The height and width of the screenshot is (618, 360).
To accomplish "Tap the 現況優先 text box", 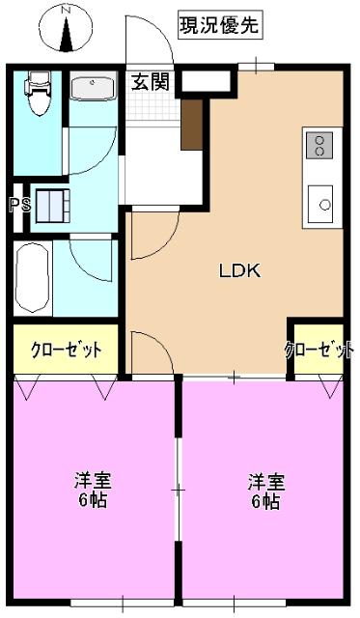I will [x=219, y=26].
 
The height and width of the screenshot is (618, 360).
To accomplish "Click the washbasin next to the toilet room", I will [x=94, y=89].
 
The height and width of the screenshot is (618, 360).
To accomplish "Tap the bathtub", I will [x=33, y=278].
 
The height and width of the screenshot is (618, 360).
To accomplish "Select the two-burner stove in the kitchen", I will [x=318, y=146].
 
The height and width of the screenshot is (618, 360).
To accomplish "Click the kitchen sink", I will [x=320, y=204].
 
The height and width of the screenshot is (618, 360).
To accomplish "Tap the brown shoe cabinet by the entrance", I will [x=191, y=123].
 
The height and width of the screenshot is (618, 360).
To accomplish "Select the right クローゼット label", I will [x=318, y=351].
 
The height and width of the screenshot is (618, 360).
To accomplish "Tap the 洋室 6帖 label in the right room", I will [x=263, y=491].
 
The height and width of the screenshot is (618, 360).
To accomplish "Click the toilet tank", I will [x=39, y=79].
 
